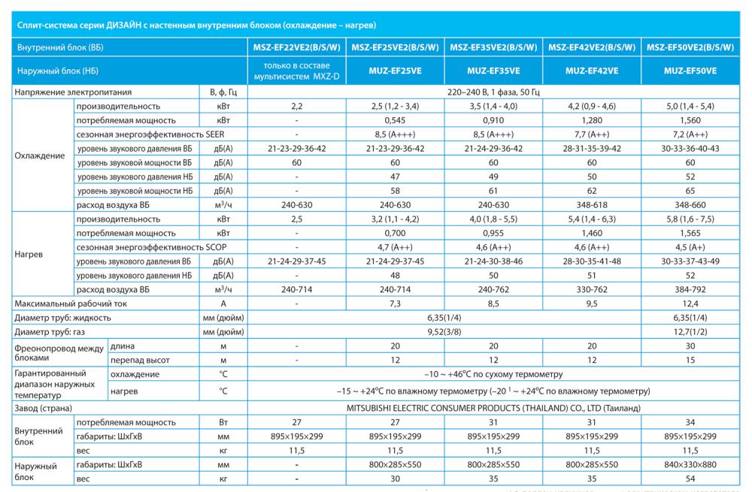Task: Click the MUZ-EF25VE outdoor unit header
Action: point(396,71)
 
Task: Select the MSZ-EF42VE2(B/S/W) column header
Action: point(592,47)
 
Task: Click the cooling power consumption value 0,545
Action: point(396,120)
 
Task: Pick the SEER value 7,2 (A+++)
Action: point(690,134)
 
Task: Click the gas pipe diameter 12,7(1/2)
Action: point(690,331)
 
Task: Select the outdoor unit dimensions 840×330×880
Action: point(690,464)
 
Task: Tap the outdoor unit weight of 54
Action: point(690,478)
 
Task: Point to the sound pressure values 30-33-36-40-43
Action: point(690,148)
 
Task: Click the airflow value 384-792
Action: point(690,289)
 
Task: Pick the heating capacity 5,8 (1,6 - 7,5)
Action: point(690,219)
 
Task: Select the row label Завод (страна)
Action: point(44,408)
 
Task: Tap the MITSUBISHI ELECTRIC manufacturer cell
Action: point(493,408)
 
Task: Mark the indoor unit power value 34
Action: point(690,422)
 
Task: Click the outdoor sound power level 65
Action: point(690,190)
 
